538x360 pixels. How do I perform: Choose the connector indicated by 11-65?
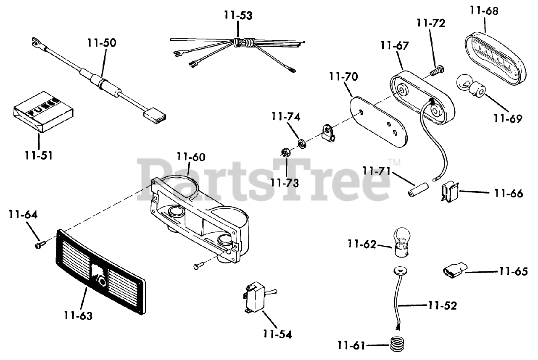coord(454,270)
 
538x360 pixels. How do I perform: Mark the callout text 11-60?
coord(191,157)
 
